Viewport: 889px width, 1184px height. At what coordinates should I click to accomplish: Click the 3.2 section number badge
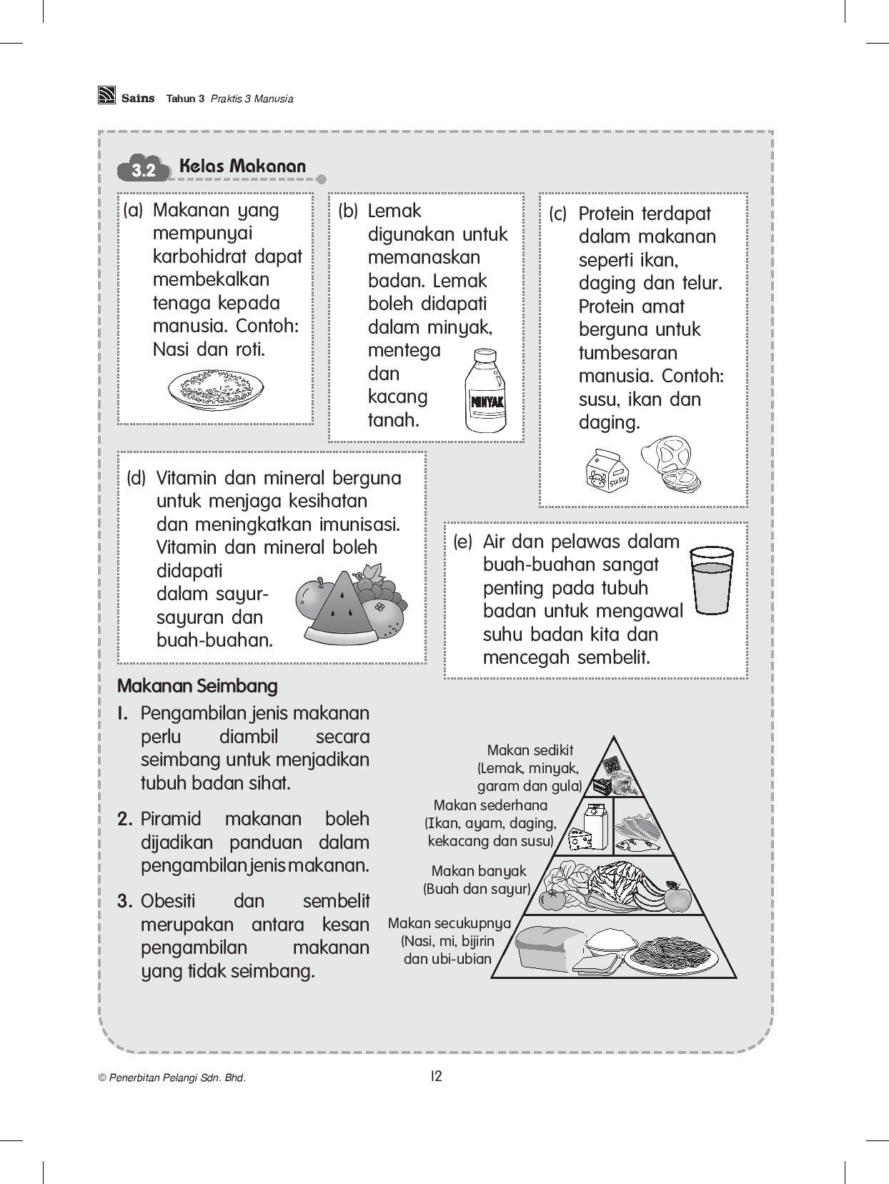tap(144, 170)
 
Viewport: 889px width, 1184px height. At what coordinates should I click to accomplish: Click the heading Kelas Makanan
tap(242, 166)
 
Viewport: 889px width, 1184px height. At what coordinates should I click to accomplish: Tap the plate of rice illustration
tap(216, 389)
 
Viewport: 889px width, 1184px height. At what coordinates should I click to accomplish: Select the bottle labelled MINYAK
tap(485, 392)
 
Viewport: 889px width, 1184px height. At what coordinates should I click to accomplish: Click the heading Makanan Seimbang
tap(197, 686)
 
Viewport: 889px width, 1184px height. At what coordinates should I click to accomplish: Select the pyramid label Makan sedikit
tap(530, 750)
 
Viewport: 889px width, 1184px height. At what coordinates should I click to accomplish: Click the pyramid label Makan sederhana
tap(490, 805)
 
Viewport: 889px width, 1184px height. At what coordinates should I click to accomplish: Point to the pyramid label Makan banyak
tap(478, 871)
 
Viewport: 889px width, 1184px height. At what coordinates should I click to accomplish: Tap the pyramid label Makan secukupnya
tap(449, 923)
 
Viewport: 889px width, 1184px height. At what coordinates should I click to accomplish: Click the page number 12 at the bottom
tap(437, 1076)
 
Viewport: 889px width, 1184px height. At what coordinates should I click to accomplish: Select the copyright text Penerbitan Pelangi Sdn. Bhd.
tap(172, 1078)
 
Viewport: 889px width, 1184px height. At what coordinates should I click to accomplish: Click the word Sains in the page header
tap(137, 99)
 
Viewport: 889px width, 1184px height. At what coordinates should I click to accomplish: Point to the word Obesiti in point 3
tap(168, 900)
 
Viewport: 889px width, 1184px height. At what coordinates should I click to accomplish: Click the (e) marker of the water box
tap(462, 542)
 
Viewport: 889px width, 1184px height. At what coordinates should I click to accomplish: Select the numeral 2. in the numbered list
tap(125, 819)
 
